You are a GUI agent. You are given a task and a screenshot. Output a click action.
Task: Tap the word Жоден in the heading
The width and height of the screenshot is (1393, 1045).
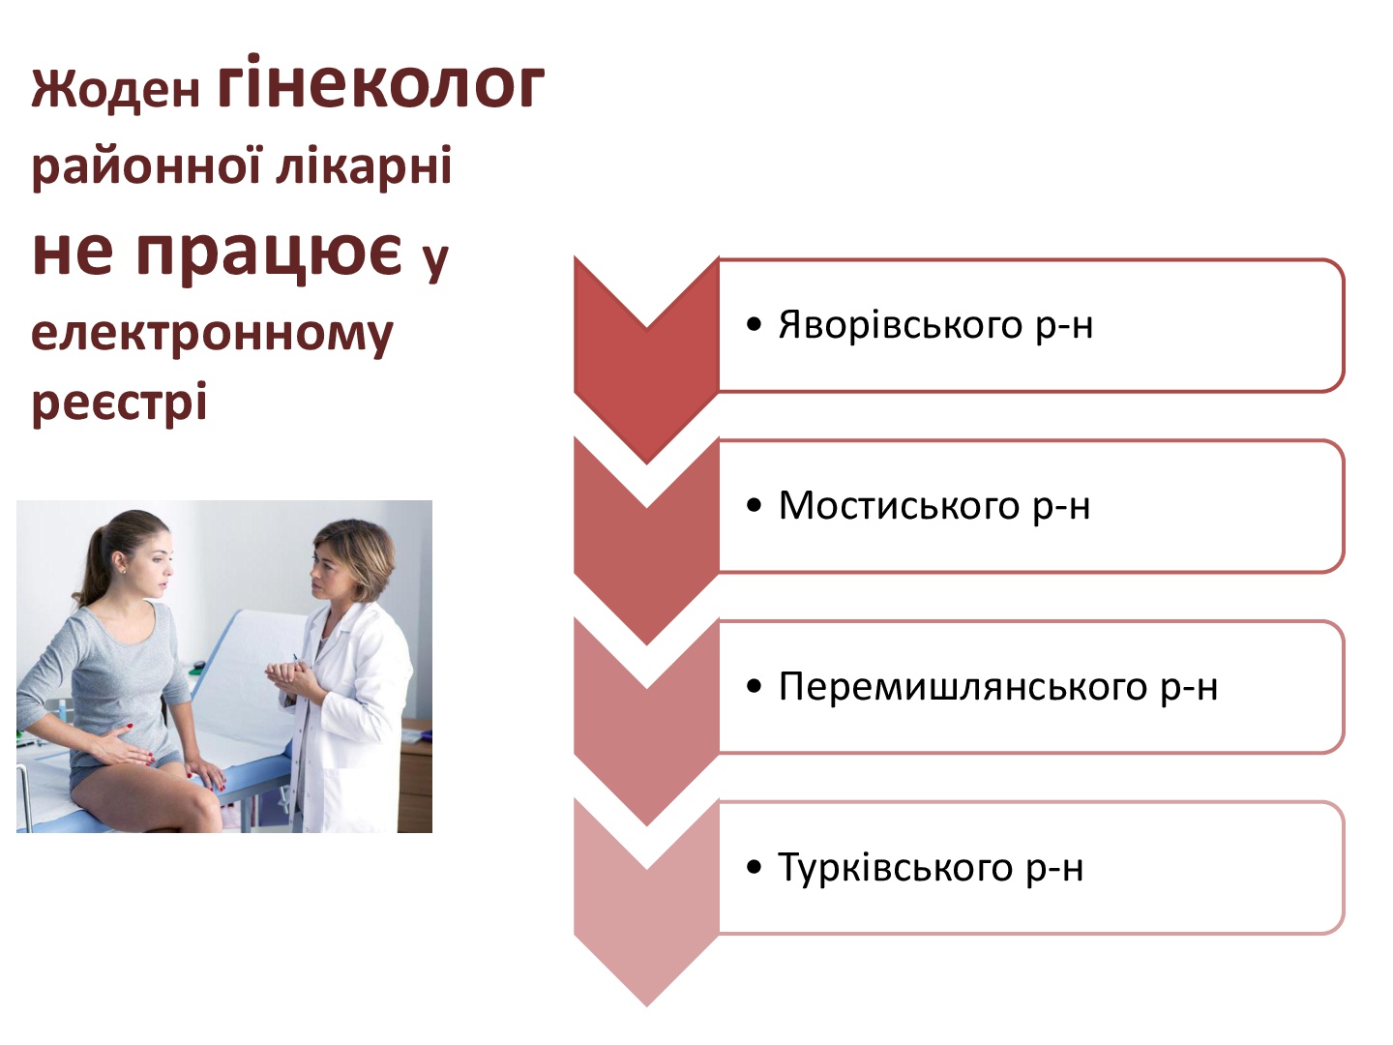point(115,89)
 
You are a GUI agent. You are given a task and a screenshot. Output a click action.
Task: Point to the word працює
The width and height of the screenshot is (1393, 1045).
point(269,254)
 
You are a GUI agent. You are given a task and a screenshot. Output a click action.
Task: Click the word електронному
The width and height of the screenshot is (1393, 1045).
point(212,335)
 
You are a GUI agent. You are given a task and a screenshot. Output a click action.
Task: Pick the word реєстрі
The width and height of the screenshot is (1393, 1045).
point(119,403)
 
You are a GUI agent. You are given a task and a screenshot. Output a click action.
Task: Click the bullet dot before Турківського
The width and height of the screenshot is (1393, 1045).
point(754,867)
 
